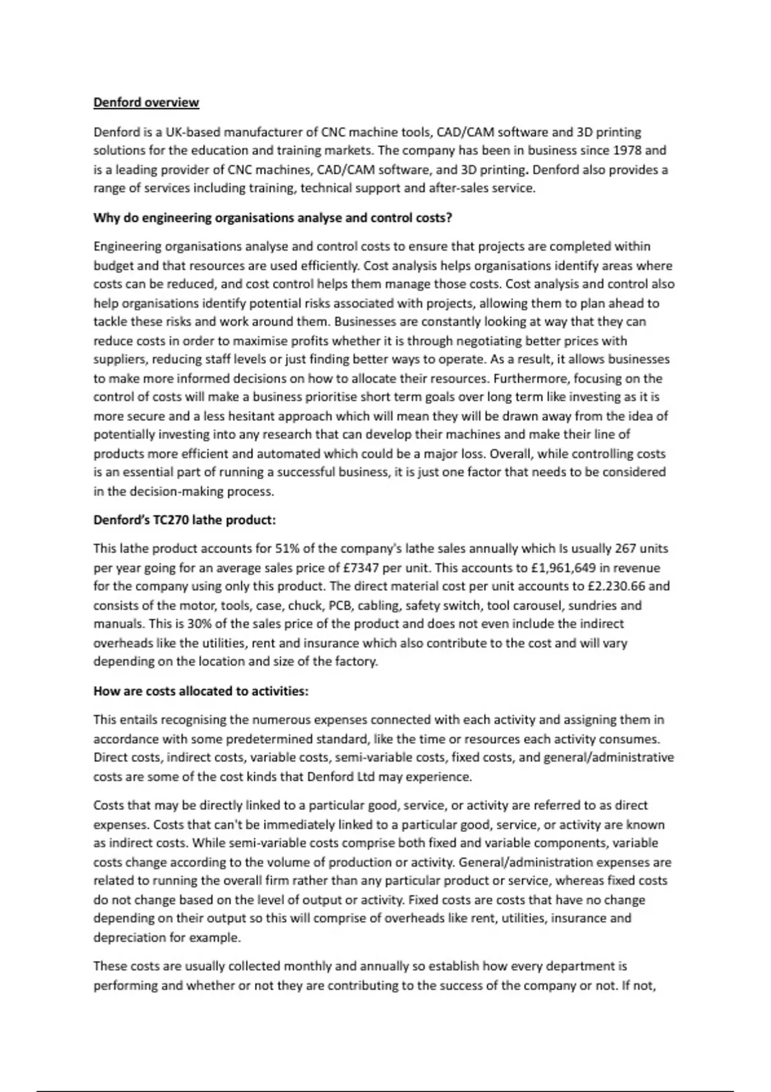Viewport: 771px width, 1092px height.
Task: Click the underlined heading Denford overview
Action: pos(146,103)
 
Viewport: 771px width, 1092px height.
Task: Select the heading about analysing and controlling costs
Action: pos(272,218)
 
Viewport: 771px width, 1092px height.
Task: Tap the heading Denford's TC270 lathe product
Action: pos(184,520)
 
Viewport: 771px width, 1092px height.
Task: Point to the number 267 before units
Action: pos(626,549)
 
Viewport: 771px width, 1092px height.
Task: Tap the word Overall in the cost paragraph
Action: pos(511,454)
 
